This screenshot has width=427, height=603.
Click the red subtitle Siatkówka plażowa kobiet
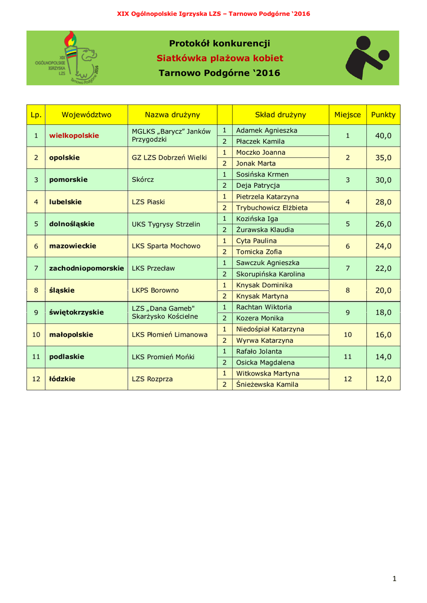click(220, 58)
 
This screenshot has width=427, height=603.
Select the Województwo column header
click(86, 115)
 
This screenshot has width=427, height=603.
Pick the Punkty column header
click(383, 115)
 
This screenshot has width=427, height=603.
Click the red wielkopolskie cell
click(74, 135)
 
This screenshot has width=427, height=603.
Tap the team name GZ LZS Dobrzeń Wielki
click(169, 158)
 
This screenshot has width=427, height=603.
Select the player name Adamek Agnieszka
click(266, 130)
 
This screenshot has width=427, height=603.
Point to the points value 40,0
click(383, 135)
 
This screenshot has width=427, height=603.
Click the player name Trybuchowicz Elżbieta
click(272, 208)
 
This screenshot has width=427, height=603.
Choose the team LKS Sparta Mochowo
click(166, 246)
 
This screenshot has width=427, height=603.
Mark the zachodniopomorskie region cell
click(86, 269)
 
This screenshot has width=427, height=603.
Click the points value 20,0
click(383, 290)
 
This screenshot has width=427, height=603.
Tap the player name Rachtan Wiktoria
click(263, 307)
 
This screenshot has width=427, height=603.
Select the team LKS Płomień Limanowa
click(170, 334)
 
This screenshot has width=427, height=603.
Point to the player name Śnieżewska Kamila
click(267, 385)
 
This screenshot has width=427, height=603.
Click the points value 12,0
click(383, 379)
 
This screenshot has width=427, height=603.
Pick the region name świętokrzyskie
click(76, 313)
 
